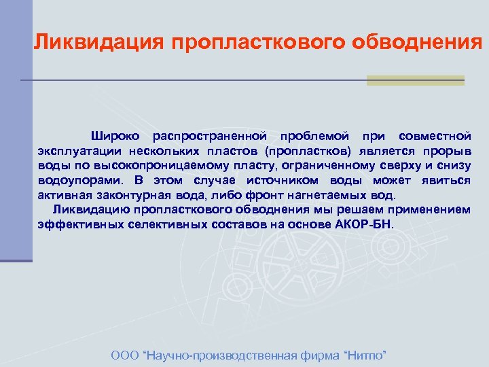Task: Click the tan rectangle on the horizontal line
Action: click(x=416, y=80)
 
